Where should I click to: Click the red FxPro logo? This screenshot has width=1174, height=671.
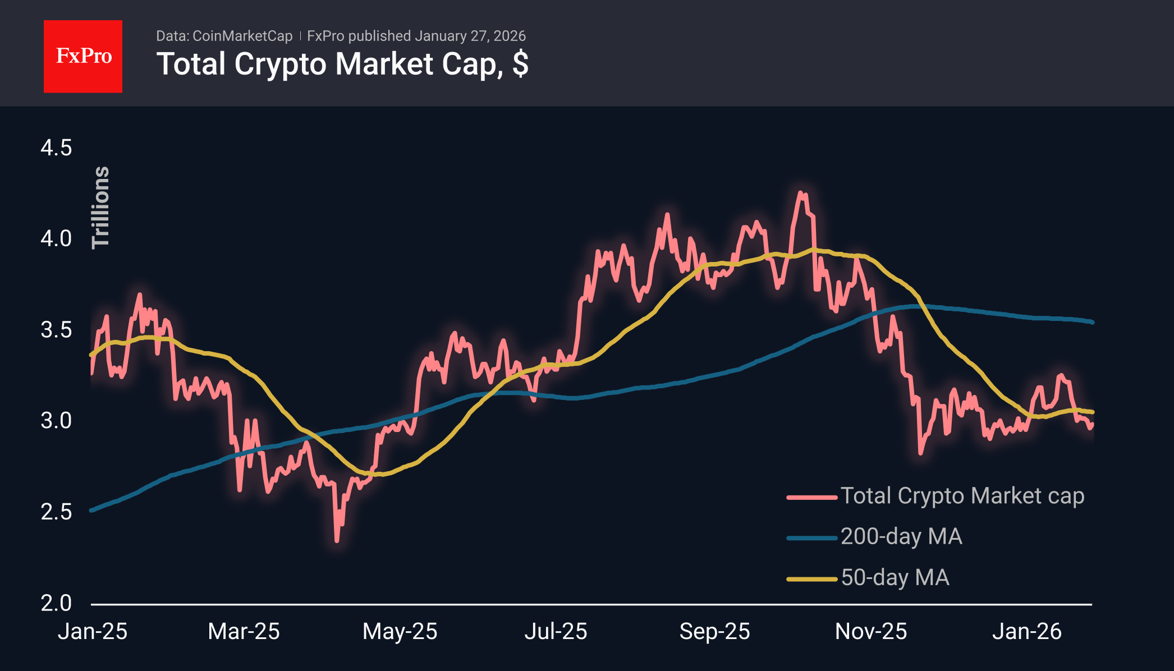(83, 56)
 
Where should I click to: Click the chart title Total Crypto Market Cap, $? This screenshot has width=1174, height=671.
(342, 64)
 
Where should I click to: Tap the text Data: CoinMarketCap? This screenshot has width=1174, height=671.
(224, 36)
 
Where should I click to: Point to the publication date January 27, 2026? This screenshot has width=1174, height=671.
(470, 36)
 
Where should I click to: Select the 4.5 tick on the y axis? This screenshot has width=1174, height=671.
(56, 148)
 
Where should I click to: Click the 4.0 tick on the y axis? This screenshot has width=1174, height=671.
(56, 238)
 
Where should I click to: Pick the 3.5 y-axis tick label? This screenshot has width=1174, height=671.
(56, 330)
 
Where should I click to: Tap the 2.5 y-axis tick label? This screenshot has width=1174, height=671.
(56, 512)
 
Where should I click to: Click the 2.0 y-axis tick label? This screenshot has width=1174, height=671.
(56, 603)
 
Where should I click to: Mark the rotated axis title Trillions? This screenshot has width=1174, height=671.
(101, 208)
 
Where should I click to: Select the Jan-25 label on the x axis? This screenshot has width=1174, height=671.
(93, 632)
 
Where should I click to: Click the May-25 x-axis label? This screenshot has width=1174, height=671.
(400, 632)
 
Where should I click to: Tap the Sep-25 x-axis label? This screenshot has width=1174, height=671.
(714, 632)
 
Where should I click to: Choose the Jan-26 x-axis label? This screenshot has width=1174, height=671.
(1026, 632)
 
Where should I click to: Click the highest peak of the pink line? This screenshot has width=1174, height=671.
(800, 192)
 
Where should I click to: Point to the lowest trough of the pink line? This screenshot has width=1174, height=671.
(337, 541)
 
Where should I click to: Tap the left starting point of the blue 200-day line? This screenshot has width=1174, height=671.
(91, 511)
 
